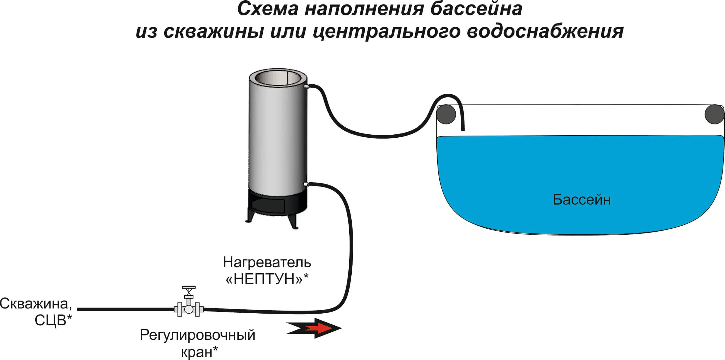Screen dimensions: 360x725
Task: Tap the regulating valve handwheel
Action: pyautogui.click(x=189, y=288)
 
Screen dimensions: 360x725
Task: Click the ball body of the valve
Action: pyautogui.click(x=189, y=309)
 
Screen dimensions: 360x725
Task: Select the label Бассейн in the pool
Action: pyautogui.click(x=582, y=199)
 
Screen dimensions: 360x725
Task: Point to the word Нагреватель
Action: pyautogui.click(x=267, y=262)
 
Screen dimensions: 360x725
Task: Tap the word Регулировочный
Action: pyautogui.click(x=197, y=335)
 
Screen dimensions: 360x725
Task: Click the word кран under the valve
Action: pyautogui.click(x=196, y=352)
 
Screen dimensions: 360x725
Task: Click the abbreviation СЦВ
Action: pyautogui.click(x=50, y=321)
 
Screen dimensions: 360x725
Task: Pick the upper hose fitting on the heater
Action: pyautogui.click(x=306, y=87)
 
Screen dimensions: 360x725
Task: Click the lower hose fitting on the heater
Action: pyautogui.click(x=306, y=184)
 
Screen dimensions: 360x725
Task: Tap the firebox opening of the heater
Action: pyautogui.click(x=268, y=206)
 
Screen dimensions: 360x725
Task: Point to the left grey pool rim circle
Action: pyautogui.click(x=446, y=114)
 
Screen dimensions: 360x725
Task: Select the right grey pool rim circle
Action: pyautogui.click(x=714, y=114)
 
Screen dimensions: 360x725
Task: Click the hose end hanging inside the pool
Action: pyautogui.click(x=463, y=128)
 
